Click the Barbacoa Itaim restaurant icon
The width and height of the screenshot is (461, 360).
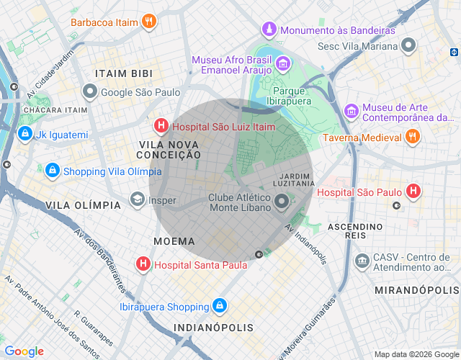pyautogui.click(x=148, y=22)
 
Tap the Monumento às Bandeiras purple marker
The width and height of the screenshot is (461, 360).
pyautogui.click(x=269, y=30)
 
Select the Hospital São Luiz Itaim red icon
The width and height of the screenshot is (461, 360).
pyautogui.click(x=162, y=127)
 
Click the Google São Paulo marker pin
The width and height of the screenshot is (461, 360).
pyautogui.click(x=90, y=92)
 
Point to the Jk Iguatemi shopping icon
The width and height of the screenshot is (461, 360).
pyautogui.click(x=25, y=134)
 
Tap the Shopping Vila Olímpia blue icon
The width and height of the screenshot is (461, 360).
pyautogui.click(x=52, y=171)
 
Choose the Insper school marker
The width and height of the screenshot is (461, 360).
pyautogui.click(x=137, y=199)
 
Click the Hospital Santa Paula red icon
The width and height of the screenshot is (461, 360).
pyautogui.click(x=143, y=264)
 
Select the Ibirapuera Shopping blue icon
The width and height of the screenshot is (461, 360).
pyautogui.click(x=220, y=307)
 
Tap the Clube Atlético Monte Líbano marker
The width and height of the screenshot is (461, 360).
pyautogui.click(x=282, y=202)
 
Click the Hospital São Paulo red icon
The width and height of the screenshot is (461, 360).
pyautogui.click(x=413, y=192)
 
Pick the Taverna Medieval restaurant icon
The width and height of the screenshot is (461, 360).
pyautogui.click(x=412, y=137)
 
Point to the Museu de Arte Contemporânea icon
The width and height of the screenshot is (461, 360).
pyautogui.click(x=352, y=112)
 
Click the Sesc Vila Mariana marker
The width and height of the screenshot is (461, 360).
pyautogui.click(x=409, y=46)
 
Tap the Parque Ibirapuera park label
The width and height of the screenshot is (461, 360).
pyautogui.click(x=290, y=96)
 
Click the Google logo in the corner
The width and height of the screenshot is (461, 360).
pyautogui.click(x=24, y=351)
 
